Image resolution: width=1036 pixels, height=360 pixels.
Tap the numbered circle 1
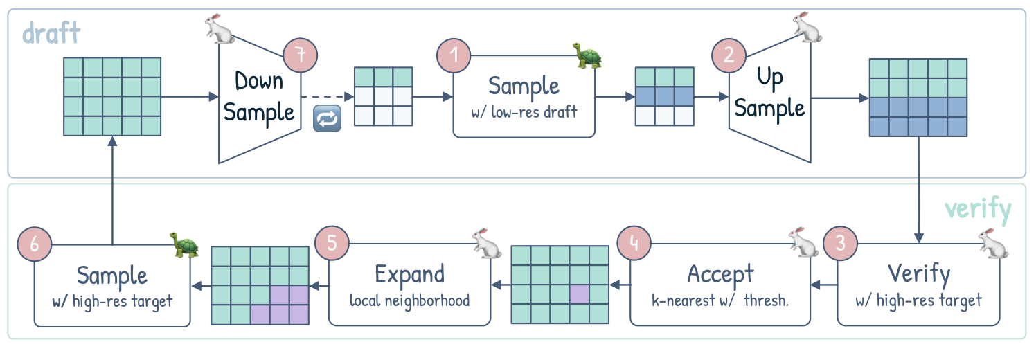click(454, 55)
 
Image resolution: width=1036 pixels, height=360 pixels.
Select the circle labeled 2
click(729, 55)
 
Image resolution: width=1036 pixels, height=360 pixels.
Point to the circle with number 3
click(839, 244)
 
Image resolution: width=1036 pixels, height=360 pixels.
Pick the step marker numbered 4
click(636, 244)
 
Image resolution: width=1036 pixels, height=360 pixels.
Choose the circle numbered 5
click(330, 244)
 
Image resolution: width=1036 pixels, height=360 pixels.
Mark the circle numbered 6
click(35, 244)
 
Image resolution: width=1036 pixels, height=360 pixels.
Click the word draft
click(51, 32)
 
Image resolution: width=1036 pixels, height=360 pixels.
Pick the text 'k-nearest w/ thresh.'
click(720, 300)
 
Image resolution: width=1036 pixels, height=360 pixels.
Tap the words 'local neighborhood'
click(409, 300)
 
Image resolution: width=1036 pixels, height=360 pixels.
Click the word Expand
click(409, 274)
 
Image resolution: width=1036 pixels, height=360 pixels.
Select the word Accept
click(720, 274)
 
